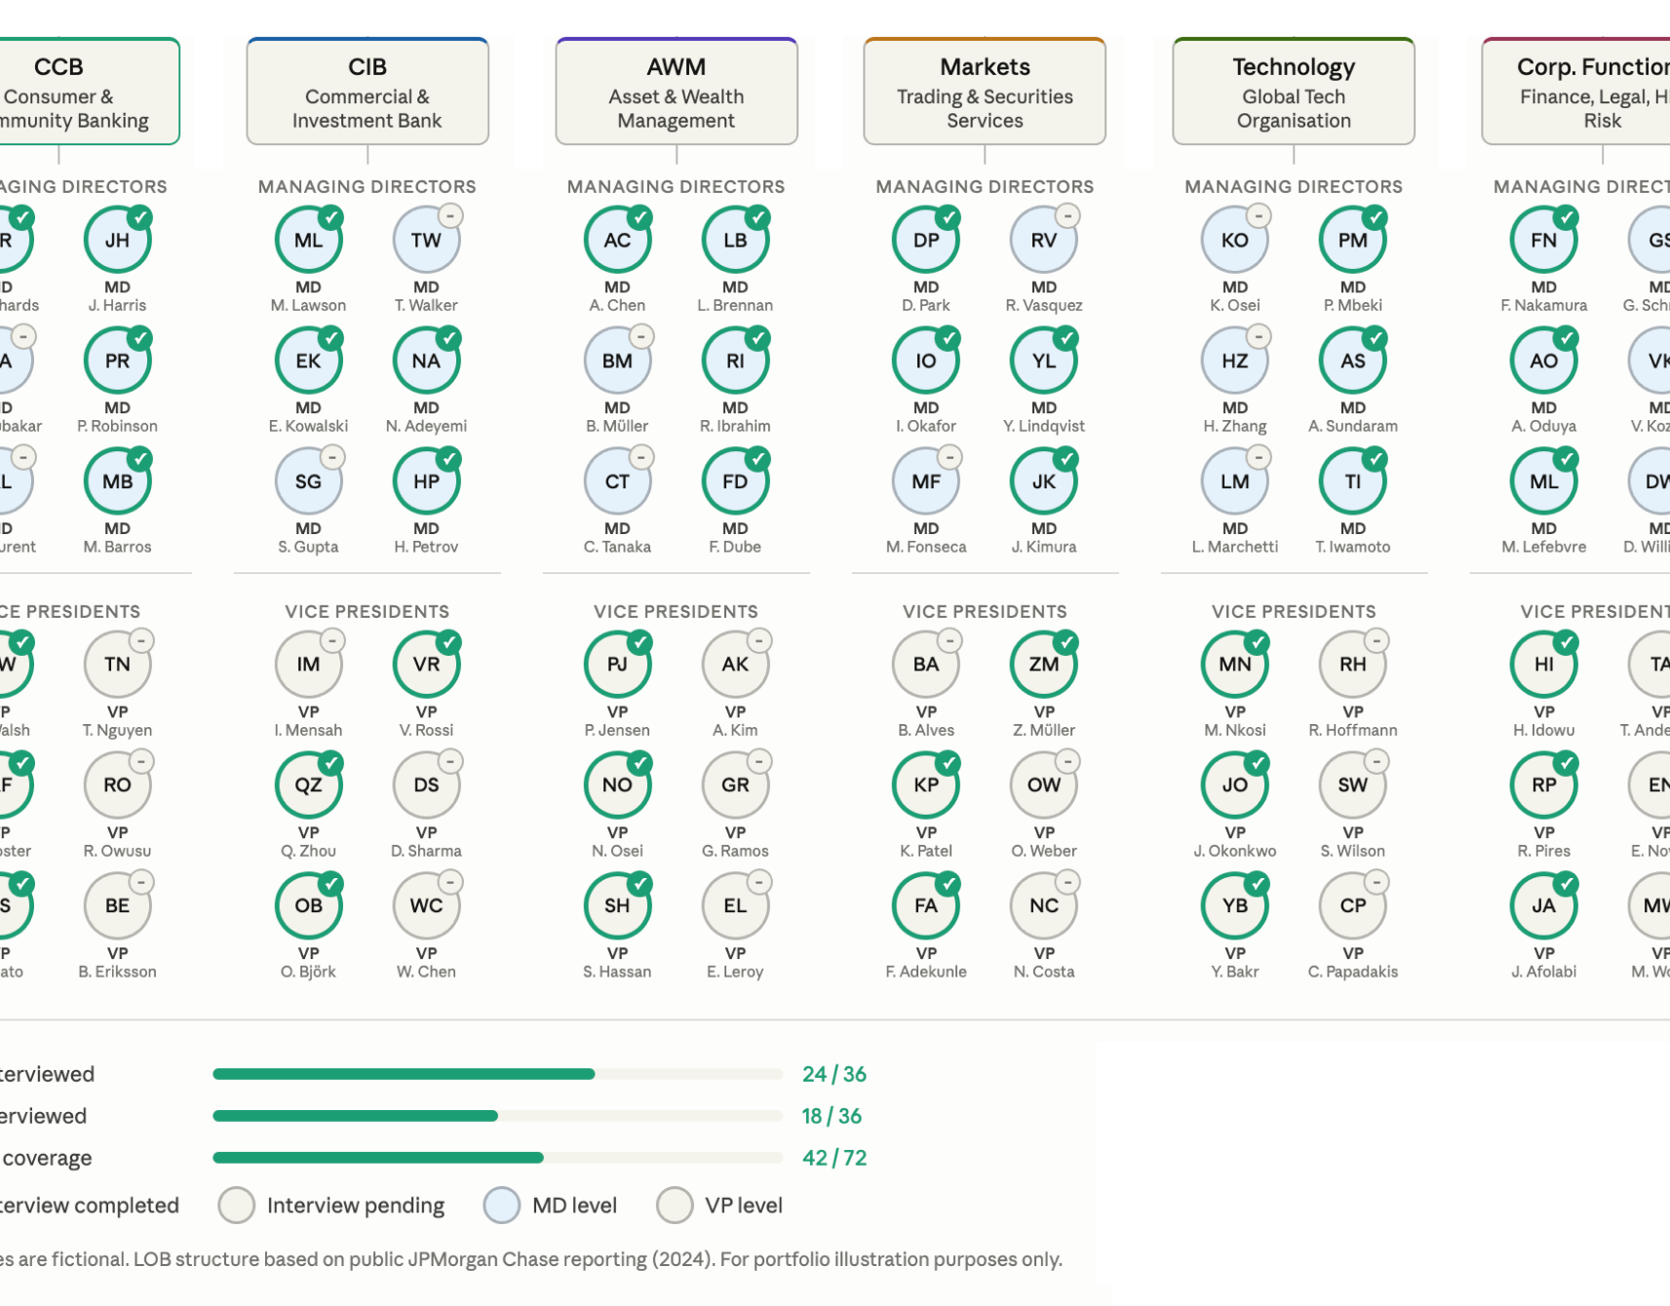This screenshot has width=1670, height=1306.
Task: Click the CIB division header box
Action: click(x=367, y=92)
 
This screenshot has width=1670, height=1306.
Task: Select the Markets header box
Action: click(x=984, y=92)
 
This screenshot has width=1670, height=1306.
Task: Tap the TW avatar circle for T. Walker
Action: click(x=426, y=241)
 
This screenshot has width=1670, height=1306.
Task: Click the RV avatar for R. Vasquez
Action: click(x=1043, y=241)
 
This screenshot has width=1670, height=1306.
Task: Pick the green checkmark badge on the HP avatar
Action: click(x=448, y=458)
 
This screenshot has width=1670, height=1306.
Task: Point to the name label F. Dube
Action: click(x=735, y=547)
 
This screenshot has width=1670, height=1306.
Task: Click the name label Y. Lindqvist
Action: click(x=1043, y=426)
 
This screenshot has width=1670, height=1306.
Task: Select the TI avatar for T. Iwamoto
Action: click(x=1352, y=482)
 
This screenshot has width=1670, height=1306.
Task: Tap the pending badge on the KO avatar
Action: click(x=1259, y=216)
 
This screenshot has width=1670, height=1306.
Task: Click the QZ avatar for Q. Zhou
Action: click(x=308, y=786)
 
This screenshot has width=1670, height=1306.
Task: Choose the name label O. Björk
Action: click(x=308, y=972)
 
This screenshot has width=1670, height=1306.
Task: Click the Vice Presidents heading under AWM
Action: click(x=676, y=611)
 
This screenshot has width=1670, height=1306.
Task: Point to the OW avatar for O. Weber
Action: click(x=1043, y=786)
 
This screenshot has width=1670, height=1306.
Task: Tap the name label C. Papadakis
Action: click(x=1352, y=972)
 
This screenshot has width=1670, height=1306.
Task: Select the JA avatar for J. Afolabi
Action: click(x=1543, y=906)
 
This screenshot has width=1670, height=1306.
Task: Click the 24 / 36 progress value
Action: click(x=834, y=1074)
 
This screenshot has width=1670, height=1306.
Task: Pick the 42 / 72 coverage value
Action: click(x=834, y=1158)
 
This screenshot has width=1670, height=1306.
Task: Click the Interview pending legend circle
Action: click(x=237, y=1206)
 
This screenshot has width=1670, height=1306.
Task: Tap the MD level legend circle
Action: click(x=502, y=1206)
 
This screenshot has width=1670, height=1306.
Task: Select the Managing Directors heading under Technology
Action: click(x=1293, y=186)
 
